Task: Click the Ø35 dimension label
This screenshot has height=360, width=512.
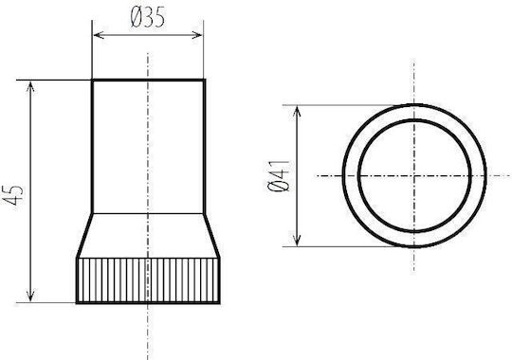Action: coord(148,17)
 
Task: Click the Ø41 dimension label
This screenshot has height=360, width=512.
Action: coord(278,175)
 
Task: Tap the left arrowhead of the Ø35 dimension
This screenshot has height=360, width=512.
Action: coord(99,35)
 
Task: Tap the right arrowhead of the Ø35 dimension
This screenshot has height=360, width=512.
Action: coord(197,35)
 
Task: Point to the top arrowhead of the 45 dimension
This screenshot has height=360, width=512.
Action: coord(30,87)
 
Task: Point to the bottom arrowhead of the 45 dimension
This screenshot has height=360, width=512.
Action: coord(30,296)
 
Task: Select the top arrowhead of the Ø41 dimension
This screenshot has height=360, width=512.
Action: coord(297,112)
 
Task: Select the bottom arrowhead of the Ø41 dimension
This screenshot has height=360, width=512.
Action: coord(297,240)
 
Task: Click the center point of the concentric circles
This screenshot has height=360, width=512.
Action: coord(414,176)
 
